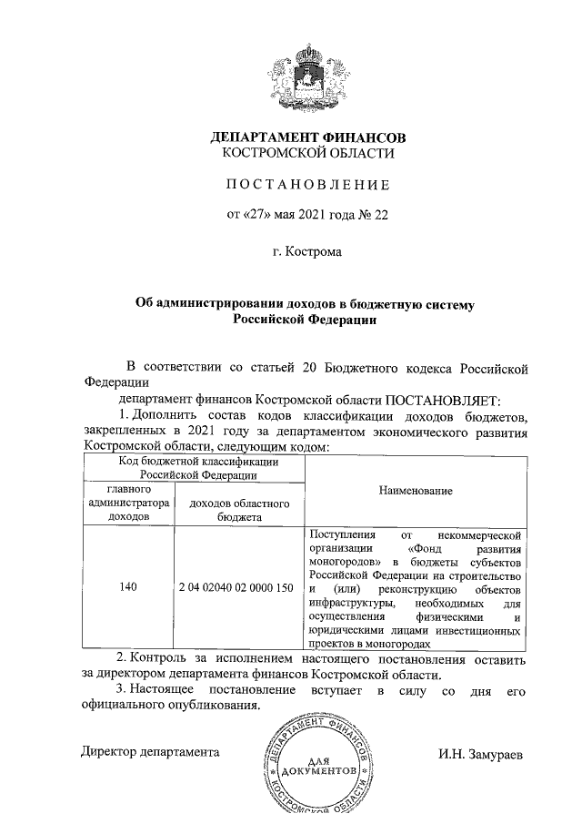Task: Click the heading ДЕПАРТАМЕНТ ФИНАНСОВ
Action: pos(307,138)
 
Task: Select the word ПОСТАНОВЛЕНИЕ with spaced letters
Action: pos(307,185)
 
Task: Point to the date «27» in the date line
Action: pos(257,215)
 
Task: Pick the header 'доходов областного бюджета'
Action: pos(238,509)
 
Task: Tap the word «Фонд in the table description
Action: pos(426,549)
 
